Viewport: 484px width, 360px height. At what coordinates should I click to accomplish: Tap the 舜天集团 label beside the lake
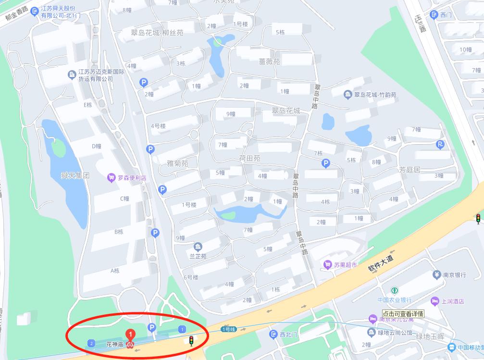click(75, 175)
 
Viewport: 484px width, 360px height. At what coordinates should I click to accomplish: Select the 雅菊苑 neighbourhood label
click(177, 163)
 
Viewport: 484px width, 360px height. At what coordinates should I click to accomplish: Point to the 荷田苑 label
click(249, 158)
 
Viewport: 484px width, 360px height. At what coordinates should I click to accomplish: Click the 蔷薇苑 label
click(269, 62)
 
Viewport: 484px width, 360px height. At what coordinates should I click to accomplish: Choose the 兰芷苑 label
click(198, 256)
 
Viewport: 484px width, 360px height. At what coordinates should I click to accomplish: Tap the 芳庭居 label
click(409, 170)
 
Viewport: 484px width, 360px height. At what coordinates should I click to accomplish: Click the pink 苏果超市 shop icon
click(328, 264)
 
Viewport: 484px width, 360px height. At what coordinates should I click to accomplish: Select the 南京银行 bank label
click(454, 275)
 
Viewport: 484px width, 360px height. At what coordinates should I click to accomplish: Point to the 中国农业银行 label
click(394, 300)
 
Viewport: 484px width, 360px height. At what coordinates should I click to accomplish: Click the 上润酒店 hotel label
click(452, 301)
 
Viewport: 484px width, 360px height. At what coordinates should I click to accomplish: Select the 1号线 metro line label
click(228, 329)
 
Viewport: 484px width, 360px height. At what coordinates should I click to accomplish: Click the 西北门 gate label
click(289, 334)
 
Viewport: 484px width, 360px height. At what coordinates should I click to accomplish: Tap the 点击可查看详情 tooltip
click(403, 313)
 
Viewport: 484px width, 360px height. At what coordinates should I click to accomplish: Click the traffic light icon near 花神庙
click(191, 341)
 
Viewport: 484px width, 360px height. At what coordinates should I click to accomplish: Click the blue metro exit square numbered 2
click(91, 343)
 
